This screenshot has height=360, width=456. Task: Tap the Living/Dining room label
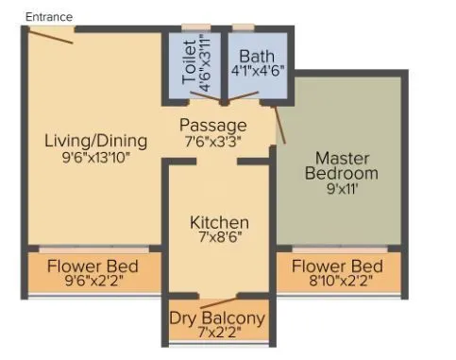tap(96, 141)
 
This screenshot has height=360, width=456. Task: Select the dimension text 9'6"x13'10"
tap(96, 158)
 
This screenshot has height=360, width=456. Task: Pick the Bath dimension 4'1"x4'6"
tap(258, 71)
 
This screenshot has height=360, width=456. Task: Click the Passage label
tap(214, 125)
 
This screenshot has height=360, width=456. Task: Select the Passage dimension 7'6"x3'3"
tap(214, 141)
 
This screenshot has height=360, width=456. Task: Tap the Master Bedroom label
tap(346, 164)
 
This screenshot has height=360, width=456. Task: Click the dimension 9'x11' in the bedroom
tap(346, 188)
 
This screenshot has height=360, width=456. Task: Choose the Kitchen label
tap(219, 222)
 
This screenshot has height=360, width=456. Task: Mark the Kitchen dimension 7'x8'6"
tap(219, 239)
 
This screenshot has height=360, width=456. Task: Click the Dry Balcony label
tap(217, 317)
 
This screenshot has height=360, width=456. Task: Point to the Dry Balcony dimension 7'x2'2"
tap(217, 334)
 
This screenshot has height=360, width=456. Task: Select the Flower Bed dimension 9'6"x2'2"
tap(93, 281)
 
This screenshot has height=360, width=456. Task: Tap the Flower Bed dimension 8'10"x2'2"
tap(337, 281)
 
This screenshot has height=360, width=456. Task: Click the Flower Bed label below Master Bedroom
tap(337, 265)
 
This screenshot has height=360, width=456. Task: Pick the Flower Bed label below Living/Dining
tap(93, 265)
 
